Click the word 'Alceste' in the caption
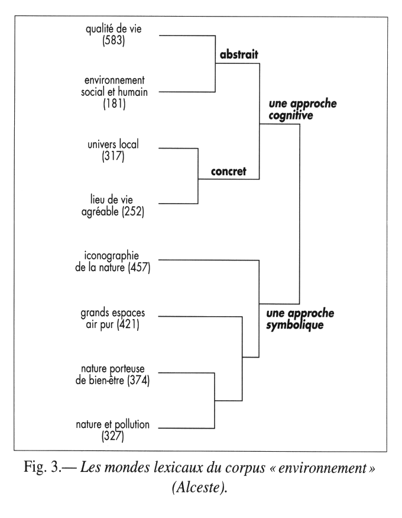(201, 498)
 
